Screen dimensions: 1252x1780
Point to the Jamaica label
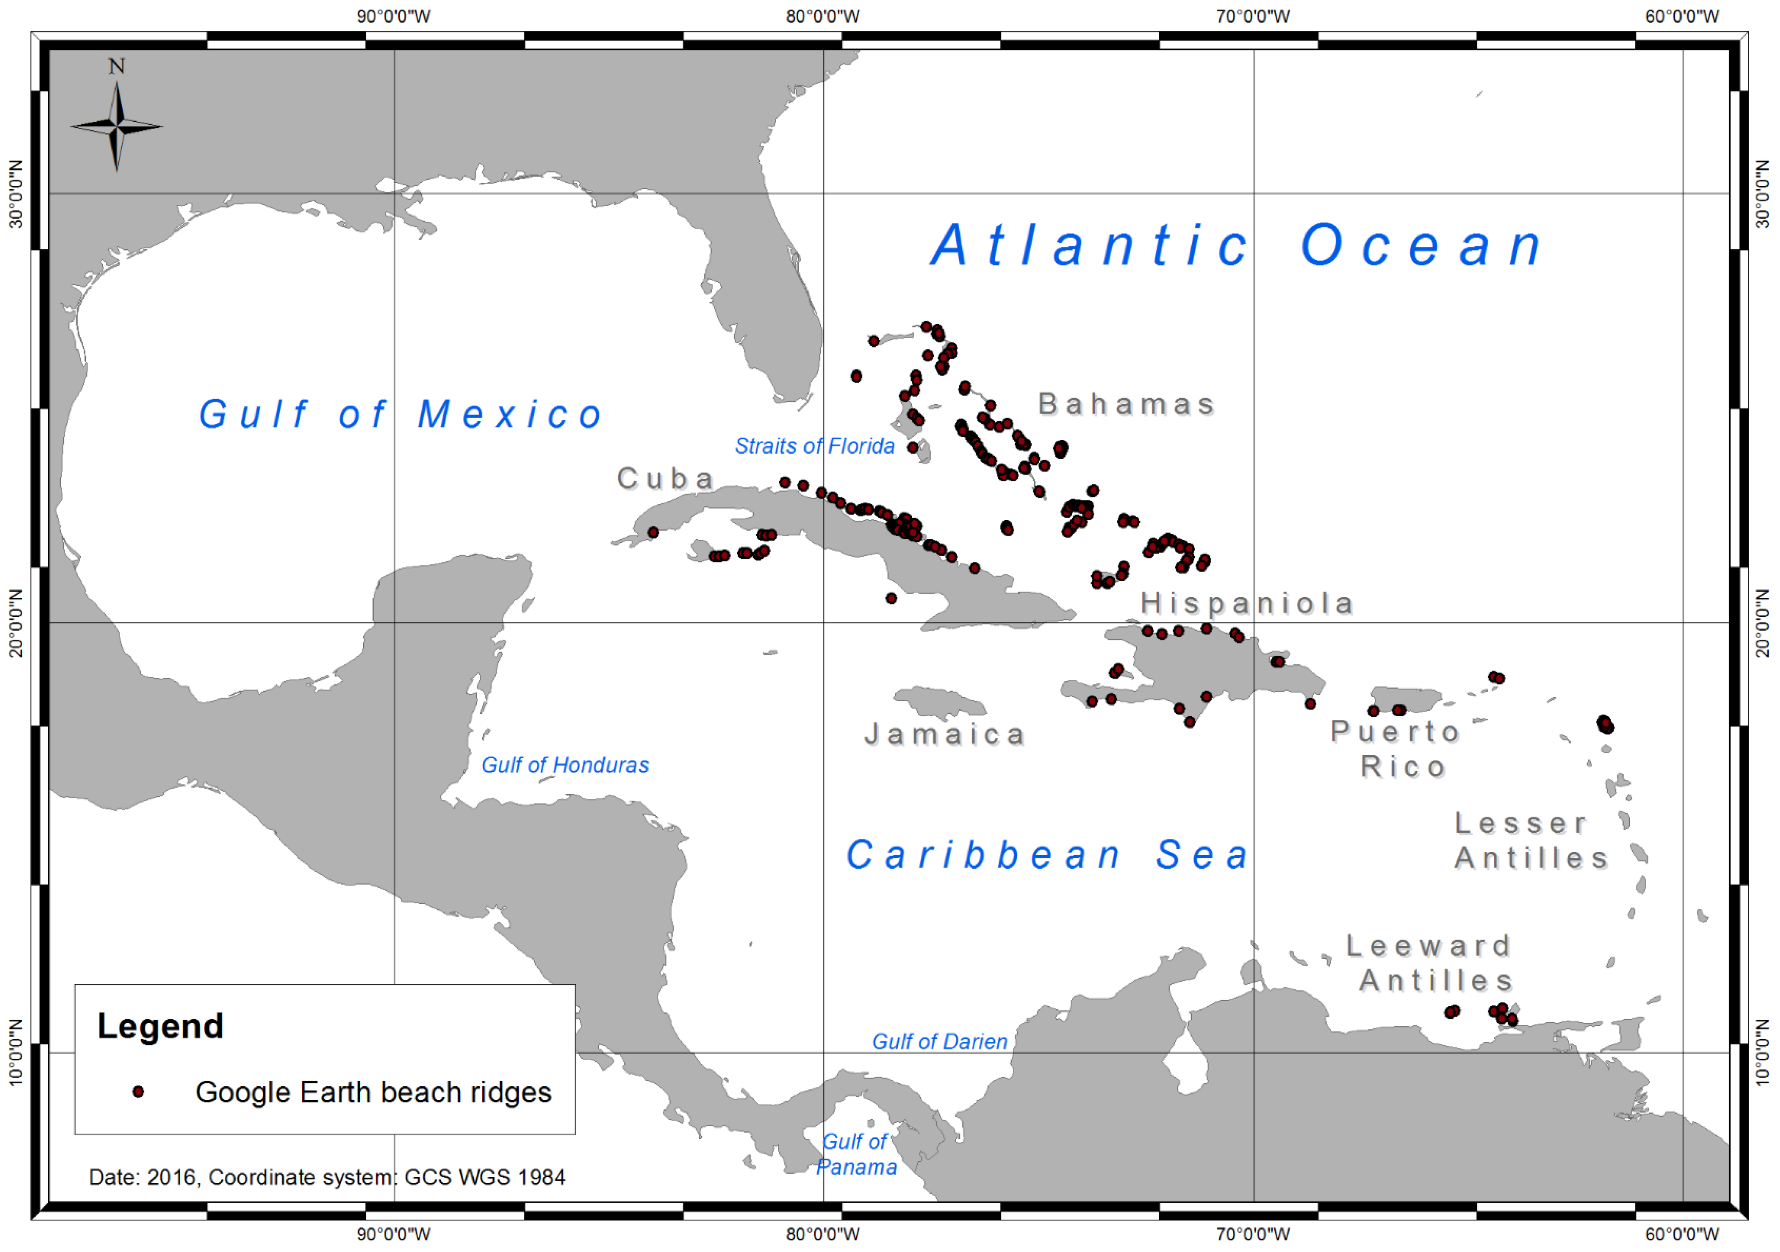(945, 734)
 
